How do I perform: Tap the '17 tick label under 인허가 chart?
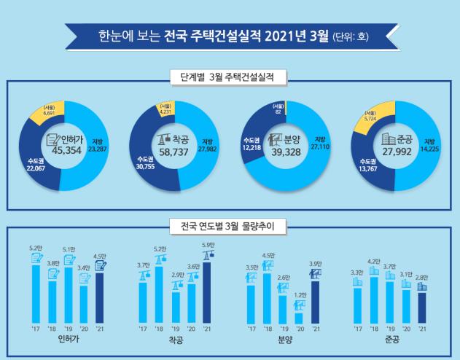coord(36,329)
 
